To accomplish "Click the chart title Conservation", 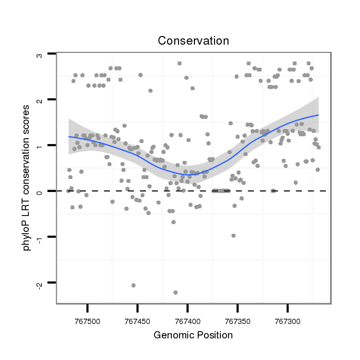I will click(193, 41).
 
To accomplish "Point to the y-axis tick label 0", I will click(40, 192).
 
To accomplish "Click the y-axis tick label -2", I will click(40, 284).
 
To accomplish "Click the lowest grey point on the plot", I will click(175, 292).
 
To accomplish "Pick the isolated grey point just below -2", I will click(133, 285).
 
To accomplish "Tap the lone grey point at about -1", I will click(233, 236).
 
